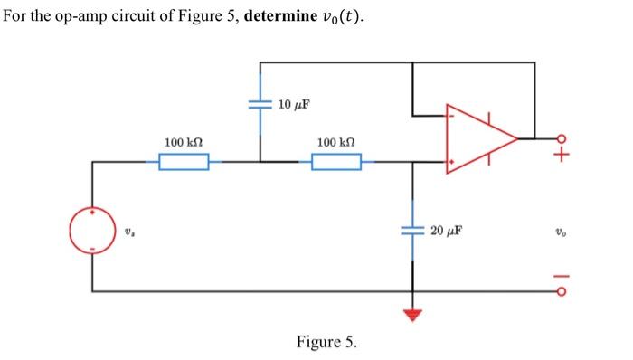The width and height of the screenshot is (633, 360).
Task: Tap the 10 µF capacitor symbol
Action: click(260, 105)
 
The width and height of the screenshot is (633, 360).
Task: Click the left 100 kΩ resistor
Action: click(184, 162)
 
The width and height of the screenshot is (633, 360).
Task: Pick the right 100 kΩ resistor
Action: click(337, 162)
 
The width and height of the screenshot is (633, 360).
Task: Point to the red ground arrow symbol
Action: click(413, 315)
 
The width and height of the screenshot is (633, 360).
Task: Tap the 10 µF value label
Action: click(295, 105)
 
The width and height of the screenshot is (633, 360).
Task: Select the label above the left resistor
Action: click(184, 142)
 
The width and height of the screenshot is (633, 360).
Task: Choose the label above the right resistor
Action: click(337, 142)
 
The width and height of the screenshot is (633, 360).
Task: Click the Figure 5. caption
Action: click(326, 342)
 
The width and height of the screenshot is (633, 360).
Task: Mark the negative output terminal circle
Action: click(562, 292)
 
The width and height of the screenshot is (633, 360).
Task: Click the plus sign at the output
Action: click(562, 156)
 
